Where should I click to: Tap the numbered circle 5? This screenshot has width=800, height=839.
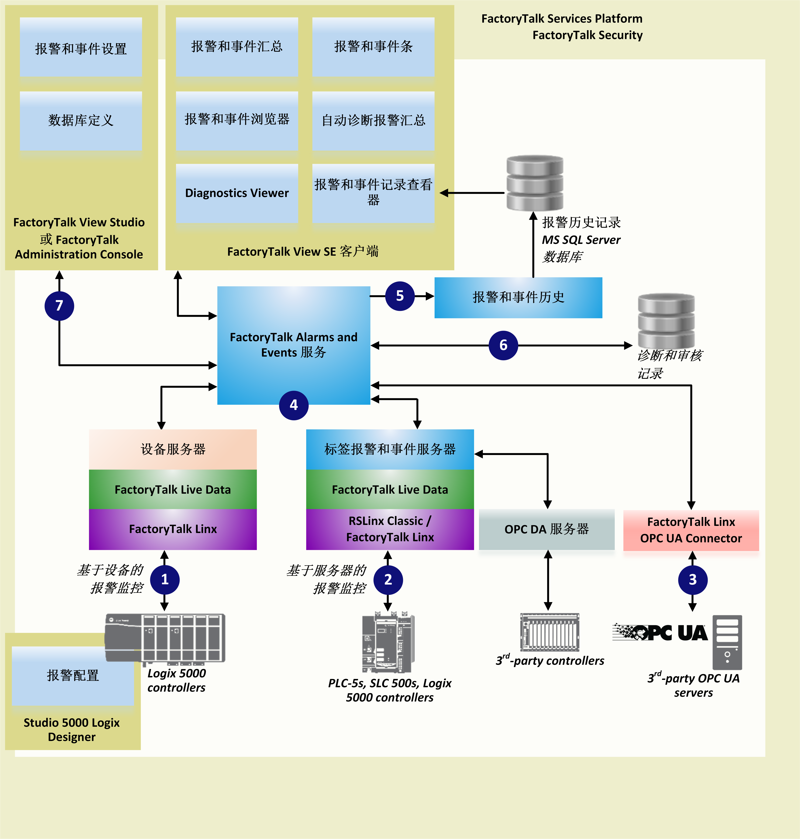[400, 296]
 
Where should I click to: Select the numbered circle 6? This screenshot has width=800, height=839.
[503, 345]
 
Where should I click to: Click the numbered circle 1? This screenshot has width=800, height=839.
[165, 579]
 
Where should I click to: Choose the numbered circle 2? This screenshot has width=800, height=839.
[388, 579]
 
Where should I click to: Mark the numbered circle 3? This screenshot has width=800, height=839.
[693, 579]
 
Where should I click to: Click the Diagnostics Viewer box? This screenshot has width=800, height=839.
[237, 193]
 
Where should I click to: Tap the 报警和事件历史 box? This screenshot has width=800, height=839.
[518, 297]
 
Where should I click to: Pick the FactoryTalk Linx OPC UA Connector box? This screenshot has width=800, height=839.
[691, 530]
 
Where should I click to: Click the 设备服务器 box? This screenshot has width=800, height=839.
[173, 449]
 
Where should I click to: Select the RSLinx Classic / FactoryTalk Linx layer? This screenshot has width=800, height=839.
[390, 529]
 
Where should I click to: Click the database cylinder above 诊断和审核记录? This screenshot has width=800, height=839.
[666, 321]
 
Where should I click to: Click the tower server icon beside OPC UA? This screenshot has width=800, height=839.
[727, 642]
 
